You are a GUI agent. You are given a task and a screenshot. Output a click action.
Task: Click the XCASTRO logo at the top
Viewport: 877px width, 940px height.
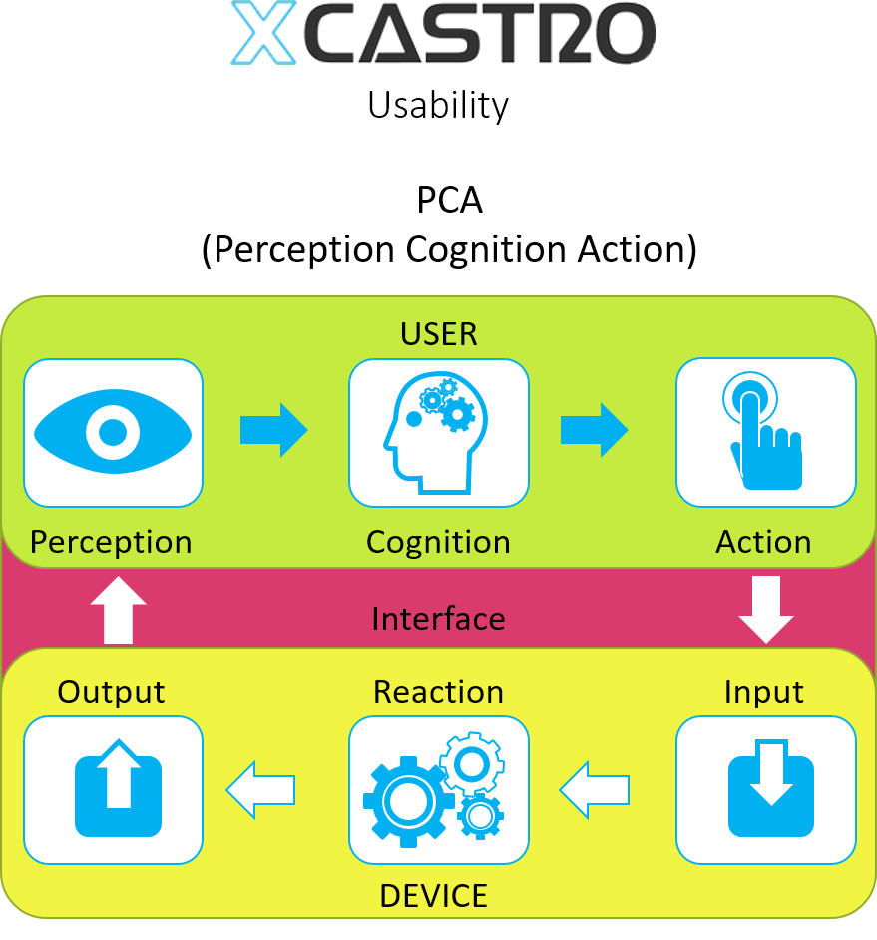click(443, 33)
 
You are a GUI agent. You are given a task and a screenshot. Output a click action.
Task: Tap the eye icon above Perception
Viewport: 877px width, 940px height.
click(113, 432)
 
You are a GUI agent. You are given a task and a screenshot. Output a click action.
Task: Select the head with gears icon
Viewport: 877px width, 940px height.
click(438, 432)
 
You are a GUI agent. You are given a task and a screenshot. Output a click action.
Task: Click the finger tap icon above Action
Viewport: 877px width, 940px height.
click(765, 432)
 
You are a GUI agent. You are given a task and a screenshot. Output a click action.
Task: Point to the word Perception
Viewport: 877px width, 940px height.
click(111, 542)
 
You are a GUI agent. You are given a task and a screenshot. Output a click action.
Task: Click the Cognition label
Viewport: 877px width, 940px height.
click(438, 542)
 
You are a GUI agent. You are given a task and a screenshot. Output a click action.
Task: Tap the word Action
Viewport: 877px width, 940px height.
click(763, 542)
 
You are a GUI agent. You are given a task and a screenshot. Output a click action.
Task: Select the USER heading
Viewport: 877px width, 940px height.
click(439, 334)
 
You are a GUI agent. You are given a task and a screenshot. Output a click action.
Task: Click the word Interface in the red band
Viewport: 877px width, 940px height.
click(438, 619)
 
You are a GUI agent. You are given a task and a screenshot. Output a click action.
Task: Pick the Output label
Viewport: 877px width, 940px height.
click(111, 692)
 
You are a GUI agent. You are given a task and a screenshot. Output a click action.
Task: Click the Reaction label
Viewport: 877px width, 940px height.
click(438, 692)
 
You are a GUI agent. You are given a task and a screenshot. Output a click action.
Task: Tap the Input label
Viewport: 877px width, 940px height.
click(764, 692)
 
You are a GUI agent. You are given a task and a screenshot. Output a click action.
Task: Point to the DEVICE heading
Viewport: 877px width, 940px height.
click(433, 895)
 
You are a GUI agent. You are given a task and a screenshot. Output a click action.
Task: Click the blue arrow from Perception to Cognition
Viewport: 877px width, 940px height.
click(274, 430)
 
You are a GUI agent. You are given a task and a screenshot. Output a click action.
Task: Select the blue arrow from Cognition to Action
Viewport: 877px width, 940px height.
click(595, 430)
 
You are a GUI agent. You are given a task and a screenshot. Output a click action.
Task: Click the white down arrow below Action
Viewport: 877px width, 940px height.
click(766, 609)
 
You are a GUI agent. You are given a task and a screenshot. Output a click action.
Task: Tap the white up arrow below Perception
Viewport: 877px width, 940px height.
click(118, 609)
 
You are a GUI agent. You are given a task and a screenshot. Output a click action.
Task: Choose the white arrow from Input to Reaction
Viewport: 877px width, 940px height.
click(595, 790)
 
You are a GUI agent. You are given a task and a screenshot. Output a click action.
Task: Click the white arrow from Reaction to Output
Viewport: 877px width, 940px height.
click(261, 790)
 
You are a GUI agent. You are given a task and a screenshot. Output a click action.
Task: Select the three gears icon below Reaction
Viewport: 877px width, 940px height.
click(438, 789)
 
